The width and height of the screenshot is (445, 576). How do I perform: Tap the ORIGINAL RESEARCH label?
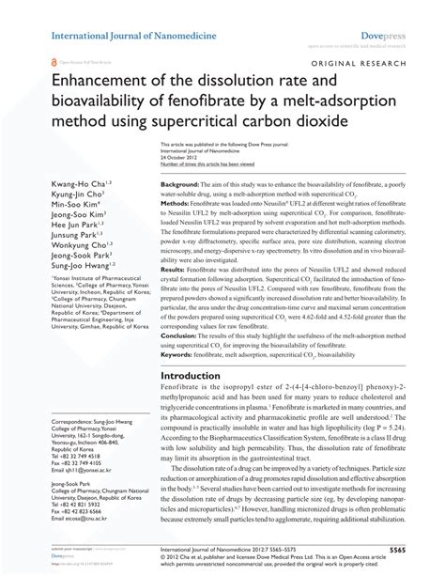point(380,62)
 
